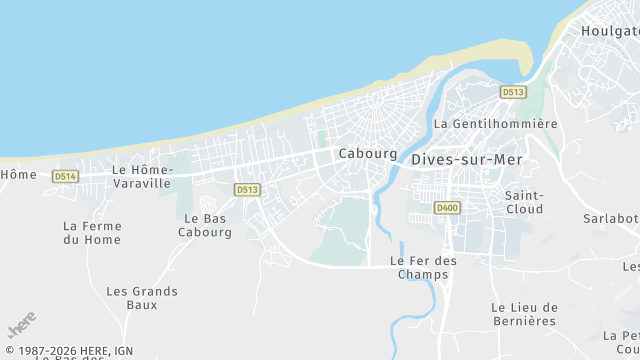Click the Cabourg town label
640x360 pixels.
point(361,153)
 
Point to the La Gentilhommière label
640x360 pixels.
point(495,124)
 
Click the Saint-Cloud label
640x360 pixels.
point(524,202)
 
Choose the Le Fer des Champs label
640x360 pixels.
point(423,267)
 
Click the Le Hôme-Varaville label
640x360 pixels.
point(143,176)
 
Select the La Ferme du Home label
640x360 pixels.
point(91,233)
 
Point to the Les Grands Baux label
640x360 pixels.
point(142,298)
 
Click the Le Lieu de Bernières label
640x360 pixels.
point(523,313)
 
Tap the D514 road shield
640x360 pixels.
point(65,176)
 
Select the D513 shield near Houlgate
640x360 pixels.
point(513,92)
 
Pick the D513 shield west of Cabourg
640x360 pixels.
point(247,189)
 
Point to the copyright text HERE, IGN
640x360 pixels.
point(75,351)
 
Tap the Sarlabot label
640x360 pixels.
point(611,218)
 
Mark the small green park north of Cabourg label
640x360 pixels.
point(321,140)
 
